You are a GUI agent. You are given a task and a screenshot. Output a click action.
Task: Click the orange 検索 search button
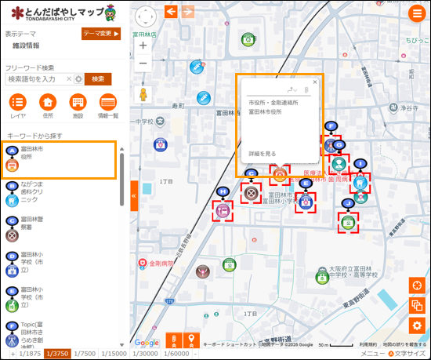click(98, 78)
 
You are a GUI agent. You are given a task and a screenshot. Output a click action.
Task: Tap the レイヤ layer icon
click(17, 103)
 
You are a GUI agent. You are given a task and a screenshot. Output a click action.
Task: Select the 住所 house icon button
click(48, 103)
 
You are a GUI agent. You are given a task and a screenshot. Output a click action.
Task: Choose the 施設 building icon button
click(78, 103)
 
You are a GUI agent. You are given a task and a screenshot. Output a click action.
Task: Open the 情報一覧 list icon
click(107, 103)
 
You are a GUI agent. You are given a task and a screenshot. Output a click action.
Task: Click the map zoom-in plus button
click(143, 45)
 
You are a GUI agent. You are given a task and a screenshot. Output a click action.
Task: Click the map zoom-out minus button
click(143, 64)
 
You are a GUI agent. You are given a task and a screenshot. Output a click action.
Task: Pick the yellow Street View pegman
click(143, 95)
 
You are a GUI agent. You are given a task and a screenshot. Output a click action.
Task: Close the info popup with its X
click(315, 82)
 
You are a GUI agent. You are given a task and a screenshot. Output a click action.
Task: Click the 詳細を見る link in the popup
click(263, 153)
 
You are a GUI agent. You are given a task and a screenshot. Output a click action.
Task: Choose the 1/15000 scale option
click(114, 354)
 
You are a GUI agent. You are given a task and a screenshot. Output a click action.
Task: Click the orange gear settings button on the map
click(417, 325)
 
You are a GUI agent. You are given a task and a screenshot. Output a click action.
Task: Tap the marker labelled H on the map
click(223, 209)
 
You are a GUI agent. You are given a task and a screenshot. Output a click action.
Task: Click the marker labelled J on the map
click(347, 223)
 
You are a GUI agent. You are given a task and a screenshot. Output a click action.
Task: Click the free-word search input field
click(39, 78)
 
